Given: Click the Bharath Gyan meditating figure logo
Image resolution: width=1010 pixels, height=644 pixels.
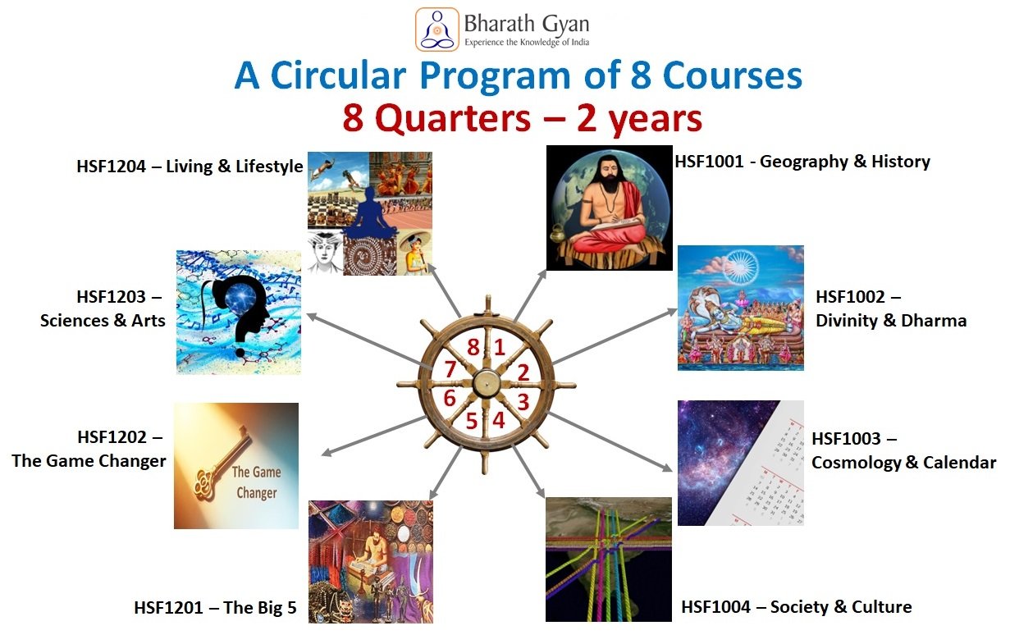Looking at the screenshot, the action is pos(436,30).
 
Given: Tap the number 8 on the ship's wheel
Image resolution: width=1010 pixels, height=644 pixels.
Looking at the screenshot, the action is pos(473,347).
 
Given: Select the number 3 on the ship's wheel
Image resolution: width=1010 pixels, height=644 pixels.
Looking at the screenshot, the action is pos(523,402).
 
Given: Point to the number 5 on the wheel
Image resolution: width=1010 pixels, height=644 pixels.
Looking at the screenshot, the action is pos(472,421).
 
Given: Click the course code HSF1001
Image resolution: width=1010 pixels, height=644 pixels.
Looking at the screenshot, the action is pos(709,162).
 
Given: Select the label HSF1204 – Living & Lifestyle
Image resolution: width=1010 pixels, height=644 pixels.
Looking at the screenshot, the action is pos(190,167).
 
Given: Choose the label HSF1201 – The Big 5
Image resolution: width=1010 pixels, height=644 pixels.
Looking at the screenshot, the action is pos(216,607).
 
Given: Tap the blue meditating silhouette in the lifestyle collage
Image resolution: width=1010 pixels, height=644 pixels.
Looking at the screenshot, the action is pos(369,212).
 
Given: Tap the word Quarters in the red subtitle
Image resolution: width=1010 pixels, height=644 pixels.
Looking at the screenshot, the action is pos(453,119).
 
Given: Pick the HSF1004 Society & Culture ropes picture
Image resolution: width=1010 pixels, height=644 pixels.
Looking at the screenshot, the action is pos(608,560).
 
